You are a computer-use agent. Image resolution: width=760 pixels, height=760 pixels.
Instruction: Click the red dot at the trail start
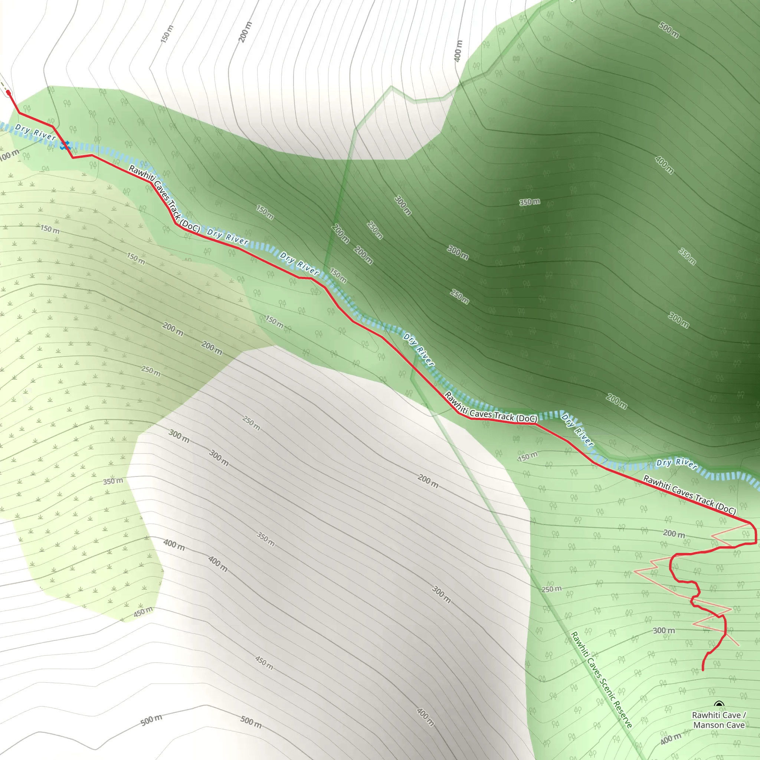8,93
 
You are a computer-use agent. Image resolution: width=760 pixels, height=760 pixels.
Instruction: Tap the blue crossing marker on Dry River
65,145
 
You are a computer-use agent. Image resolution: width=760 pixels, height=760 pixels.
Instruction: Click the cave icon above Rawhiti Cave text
719,704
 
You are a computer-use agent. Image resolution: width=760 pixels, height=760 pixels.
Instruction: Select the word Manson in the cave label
707,725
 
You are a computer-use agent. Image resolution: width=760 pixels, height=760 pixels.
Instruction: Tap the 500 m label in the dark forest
669,30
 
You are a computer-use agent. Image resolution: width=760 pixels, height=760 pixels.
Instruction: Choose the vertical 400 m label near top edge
458,51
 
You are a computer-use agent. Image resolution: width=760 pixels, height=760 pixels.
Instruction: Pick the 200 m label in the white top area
245,32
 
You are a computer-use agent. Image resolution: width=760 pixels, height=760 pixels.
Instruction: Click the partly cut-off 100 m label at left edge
9,155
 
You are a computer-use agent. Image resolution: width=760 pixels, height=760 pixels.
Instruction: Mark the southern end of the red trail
703,669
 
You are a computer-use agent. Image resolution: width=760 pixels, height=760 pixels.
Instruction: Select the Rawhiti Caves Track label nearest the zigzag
689,494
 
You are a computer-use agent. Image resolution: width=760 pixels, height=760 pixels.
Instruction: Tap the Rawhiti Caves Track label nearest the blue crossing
164,198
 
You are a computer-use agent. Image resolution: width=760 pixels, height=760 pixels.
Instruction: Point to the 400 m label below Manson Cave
671,738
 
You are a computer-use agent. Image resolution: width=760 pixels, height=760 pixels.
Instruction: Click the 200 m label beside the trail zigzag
674,533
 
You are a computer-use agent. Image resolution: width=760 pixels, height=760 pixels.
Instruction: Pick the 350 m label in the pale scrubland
113,481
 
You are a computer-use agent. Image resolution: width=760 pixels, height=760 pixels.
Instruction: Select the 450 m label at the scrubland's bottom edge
143,612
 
